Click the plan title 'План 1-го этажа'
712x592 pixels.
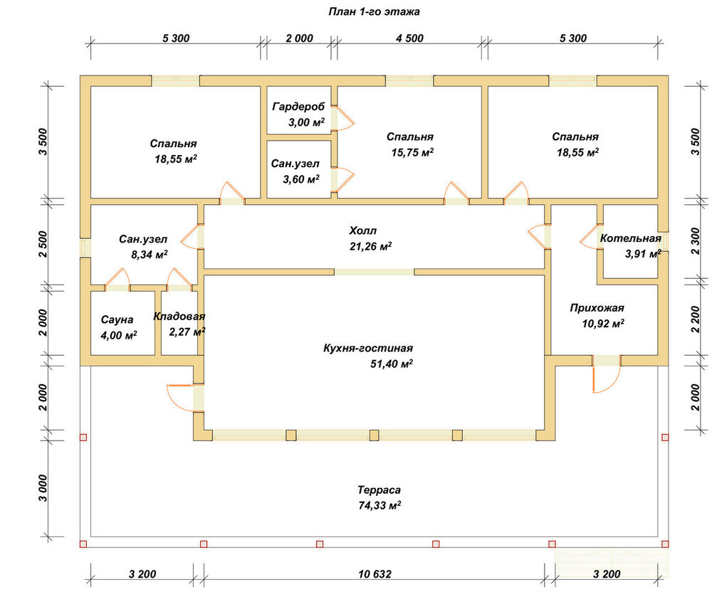(374, 12)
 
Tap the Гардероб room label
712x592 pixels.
(299, 107)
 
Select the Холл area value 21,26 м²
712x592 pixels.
(370, 246)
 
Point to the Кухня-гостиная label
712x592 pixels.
(368, 348)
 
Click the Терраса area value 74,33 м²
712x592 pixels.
(379, 505)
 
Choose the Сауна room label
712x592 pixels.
(117, 319)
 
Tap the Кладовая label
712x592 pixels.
(179, 316)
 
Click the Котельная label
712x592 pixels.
(631, 238)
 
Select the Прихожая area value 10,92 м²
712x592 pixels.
(603, 324)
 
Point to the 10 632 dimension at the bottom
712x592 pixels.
(375, 574)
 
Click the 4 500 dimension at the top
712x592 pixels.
(409, 38)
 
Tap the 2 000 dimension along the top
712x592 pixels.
(299, 38)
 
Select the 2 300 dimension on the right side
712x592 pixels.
(695, 241)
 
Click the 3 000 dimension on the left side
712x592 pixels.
(43, 488)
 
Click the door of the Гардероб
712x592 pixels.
(342, 118)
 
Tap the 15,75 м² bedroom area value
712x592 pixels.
(412, 152)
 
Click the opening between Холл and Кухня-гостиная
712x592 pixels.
(375, 273)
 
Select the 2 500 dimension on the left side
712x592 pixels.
(43, 245)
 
